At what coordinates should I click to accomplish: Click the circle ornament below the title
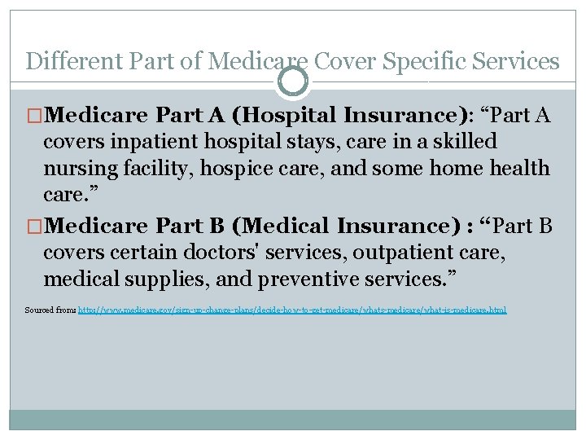pos(293,81)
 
